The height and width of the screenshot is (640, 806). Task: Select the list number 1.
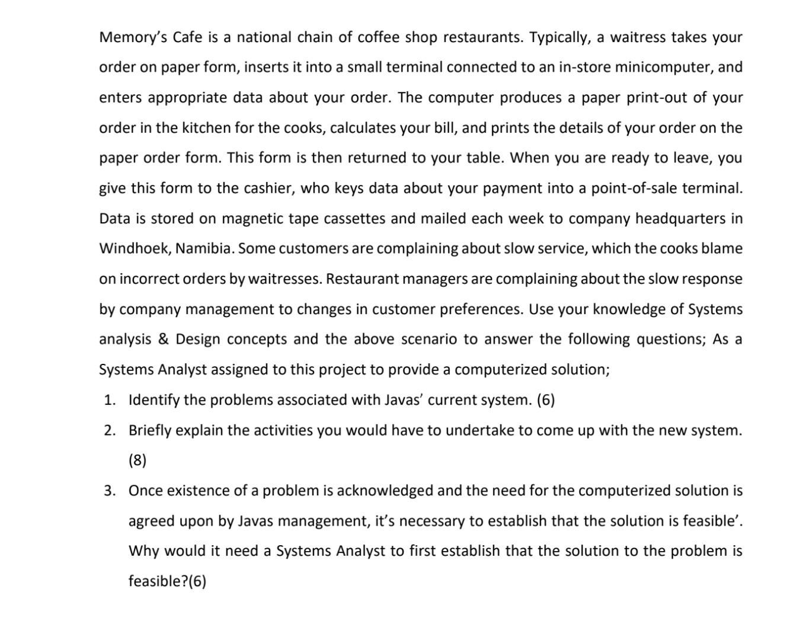(x=109, y=400)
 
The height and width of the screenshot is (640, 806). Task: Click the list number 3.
(x=109, y=491)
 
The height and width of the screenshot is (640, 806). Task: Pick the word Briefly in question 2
(x=149, y=430)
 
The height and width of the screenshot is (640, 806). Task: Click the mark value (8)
(x=137, y=460)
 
